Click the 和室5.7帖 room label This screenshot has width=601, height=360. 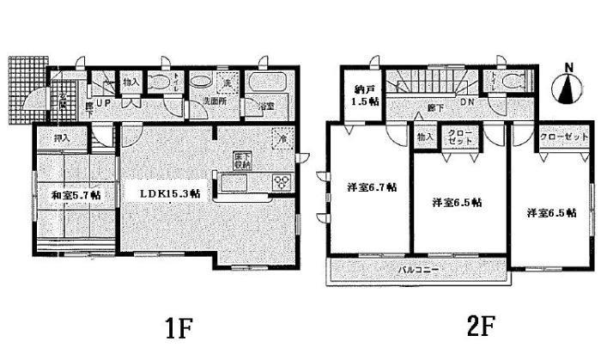point(76,195)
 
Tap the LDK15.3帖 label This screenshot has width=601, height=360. point(171,193)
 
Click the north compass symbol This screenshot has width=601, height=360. point(564,86)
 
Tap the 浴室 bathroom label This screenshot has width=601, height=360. point(267,106)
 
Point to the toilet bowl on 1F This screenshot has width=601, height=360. point(160,83)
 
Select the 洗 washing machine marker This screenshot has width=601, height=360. point(227,83)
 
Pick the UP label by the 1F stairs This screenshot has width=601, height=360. point(104,103)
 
